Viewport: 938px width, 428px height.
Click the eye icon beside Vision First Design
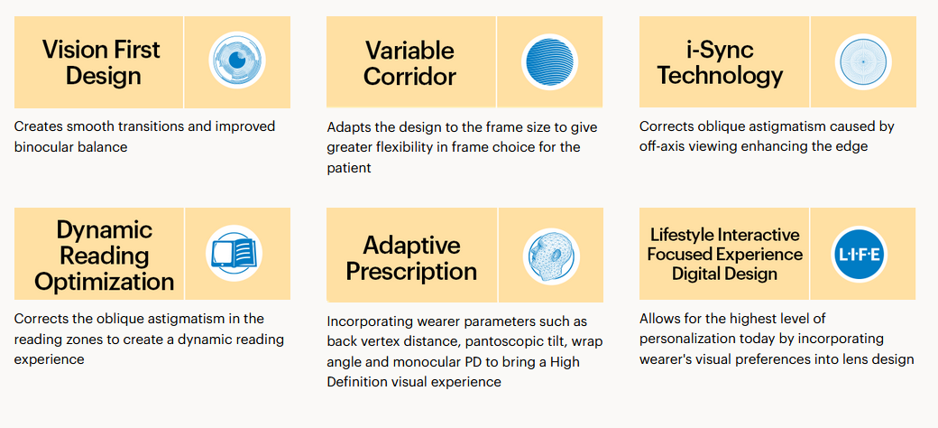(x=237, y=60)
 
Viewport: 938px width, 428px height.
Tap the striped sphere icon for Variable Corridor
(x=550, y=61)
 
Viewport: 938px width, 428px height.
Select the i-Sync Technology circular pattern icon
(x=862, y=61)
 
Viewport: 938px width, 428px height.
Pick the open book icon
(x=234, y=253)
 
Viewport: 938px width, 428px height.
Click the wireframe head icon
(x=551, y=255)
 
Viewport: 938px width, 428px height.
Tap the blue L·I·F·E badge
(x=860, y=255)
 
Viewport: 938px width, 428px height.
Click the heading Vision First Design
(x=102, y=63)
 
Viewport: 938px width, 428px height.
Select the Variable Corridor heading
(x=410, y=63)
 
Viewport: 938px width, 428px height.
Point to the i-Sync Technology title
(x=721, y=63)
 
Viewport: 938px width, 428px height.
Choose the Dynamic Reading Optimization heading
(x=104, y=256)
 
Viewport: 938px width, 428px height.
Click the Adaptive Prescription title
(x=411, y=258)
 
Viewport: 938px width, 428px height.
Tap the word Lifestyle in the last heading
(x=682, y=235)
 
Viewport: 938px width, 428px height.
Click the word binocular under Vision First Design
(x=46, y=146)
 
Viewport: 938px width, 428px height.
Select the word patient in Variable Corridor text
(x=349, y=169)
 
